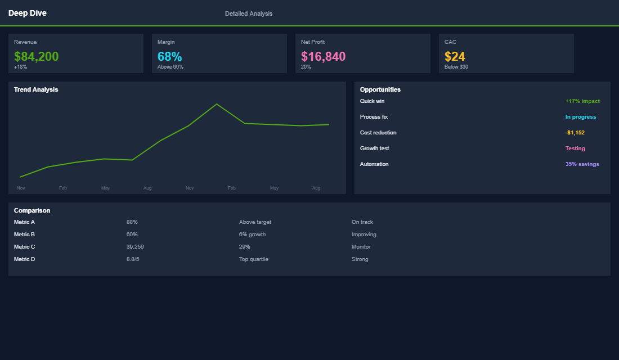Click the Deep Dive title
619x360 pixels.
tap(28, 13)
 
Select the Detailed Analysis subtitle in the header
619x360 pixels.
tap(248, 13)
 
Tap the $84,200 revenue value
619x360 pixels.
tap(36, 56)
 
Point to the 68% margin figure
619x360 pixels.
tap(169, 56)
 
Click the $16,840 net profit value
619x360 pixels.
tap(323, 56)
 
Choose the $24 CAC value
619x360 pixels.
tap(455, 56)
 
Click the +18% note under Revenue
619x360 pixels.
tap(20, 67)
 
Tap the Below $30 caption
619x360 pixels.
tap(456, 67)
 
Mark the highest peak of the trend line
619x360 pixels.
tap(217, 104)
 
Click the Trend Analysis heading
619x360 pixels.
tap(36, 89)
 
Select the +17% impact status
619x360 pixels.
tap(582, 101)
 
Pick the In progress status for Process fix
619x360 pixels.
tap(580, 117)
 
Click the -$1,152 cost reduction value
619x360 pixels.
tap(575, 133)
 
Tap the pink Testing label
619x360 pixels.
tap(575, 148)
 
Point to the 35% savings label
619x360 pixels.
tap(582, 164)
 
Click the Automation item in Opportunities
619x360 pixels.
tap(374, 164)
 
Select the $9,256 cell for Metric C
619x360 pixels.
tap(135, 247)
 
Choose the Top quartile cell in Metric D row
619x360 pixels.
tap(253, 259)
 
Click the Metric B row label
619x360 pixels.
tap(24, 235)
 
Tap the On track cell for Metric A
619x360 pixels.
tap(362, 222)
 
